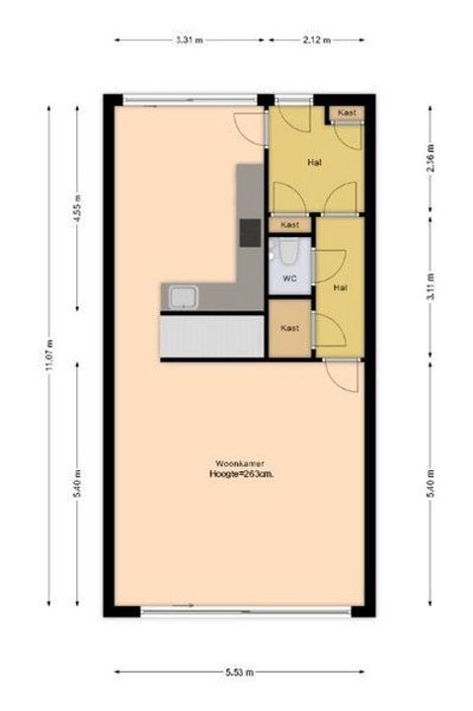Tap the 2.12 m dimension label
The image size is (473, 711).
(316, 40)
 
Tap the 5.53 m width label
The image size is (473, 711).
(240, 672)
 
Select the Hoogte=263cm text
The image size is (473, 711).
(240, 474)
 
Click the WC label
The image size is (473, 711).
(289, 279)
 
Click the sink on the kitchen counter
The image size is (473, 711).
(183, 296)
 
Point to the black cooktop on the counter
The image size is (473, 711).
(251, 232)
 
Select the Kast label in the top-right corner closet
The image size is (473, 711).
(346, 114)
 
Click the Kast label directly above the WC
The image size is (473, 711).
(289, 225)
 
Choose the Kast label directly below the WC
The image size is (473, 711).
(289, 328)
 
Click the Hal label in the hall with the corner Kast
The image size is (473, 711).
(314, 161)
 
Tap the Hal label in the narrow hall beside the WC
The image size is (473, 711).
(341, 287)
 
